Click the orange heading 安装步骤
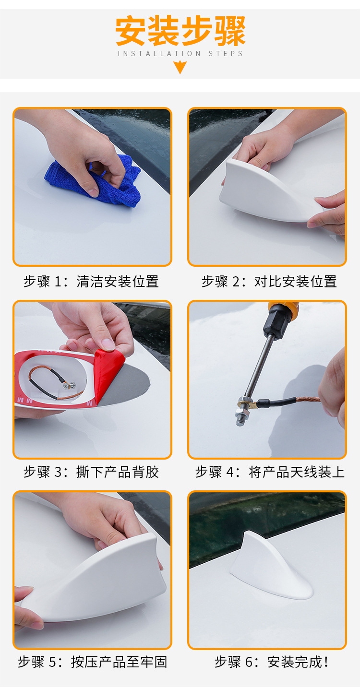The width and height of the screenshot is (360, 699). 180,32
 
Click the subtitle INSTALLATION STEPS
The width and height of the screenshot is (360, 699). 180,54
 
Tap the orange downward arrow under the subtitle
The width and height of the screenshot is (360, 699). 180,67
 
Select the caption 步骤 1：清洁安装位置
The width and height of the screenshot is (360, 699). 91,282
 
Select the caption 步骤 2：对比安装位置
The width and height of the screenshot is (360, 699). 269,282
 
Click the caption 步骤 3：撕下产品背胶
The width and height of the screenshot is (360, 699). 91,472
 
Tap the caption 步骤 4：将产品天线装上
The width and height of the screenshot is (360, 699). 270,472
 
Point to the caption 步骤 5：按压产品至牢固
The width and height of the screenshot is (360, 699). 92,663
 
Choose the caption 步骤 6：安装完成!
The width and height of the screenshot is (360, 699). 272,663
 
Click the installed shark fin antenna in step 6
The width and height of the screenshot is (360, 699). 269,571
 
